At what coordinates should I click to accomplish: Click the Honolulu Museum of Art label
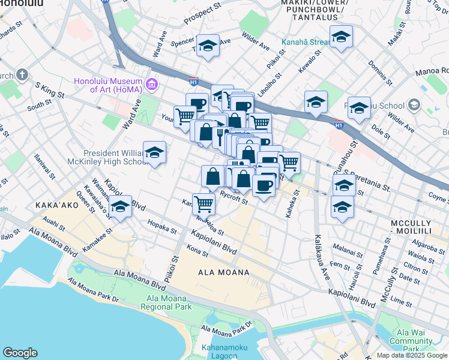tap(107, 85)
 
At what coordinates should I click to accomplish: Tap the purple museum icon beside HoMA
tap(151, 82)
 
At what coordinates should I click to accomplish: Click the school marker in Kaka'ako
tap(121, 207)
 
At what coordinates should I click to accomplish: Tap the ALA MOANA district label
tap(223, 272)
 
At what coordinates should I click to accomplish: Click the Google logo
tap(20, 353)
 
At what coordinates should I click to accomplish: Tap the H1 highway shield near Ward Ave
tap(194, 80)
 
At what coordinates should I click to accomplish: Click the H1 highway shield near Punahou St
tap(339, 124)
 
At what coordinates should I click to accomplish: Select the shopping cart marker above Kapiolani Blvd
tap(204, 204)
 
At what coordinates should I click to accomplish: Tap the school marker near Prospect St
tap(208, 46)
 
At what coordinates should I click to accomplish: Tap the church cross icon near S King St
tap(22, 75)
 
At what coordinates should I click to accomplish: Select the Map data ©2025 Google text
tap(411, 355)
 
